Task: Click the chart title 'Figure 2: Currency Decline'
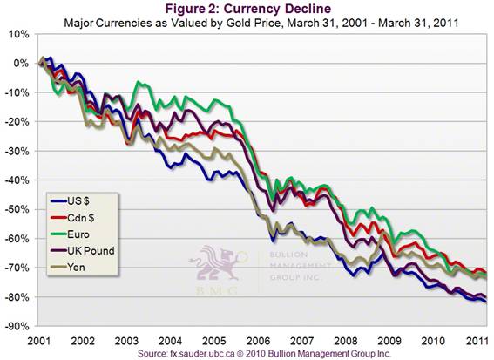tap(248, 9)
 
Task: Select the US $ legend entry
tap(71, 201)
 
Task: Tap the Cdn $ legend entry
tap(72, 218)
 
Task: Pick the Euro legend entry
tap(70, 234)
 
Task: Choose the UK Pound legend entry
tap(83, 251)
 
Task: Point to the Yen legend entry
tap(68, 267)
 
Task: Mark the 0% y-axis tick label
tap(22, 64)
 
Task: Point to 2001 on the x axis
tap(38, 341)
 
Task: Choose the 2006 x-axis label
tap(258, 341)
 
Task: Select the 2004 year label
tap(171, 341)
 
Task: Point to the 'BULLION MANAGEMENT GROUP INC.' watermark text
tap(300, 266)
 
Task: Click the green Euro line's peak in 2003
tap(138, 82)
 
